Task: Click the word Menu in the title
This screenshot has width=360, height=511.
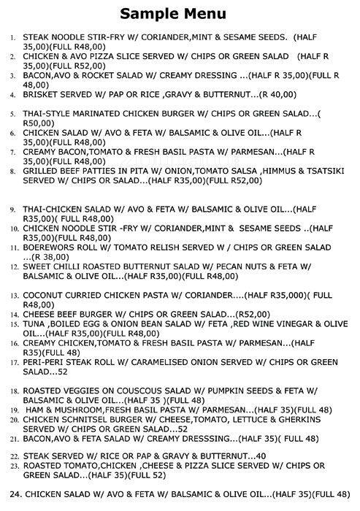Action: click(x=205, y=13)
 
